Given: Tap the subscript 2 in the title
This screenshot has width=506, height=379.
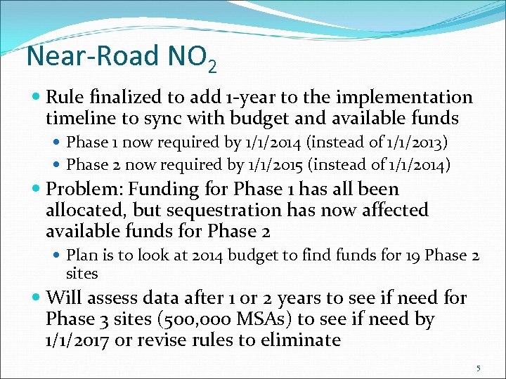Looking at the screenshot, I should (212, 67).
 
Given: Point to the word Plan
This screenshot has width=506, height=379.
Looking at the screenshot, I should (81, 255).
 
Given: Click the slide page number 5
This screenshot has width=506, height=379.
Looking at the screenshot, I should (479, 368).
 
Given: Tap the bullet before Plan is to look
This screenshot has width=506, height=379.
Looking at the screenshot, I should (58, 256).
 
